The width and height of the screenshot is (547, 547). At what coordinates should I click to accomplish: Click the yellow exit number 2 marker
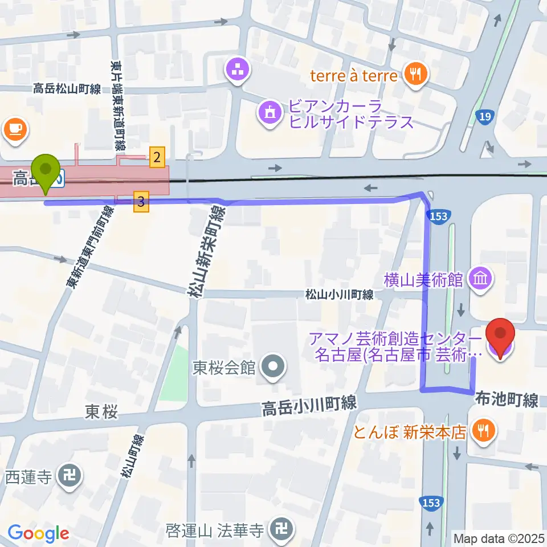pos(157,157)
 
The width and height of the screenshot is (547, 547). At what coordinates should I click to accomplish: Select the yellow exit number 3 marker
pos(142,201)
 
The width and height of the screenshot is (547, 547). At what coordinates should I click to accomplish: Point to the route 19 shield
pos(485,117)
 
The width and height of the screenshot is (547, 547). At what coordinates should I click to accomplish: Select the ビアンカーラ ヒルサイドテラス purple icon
pos(269,112)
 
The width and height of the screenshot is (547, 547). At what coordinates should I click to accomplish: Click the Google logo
pos(39,534)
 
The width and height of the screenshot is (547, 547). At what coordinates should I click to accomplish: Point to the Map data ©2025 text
pos(499,538)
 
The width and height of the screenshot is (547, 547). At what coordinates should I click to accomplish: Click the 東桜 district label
pos(101,411)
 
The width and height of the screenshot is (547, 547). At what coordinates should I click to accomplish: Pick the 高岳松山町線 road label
pos(67,88)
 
